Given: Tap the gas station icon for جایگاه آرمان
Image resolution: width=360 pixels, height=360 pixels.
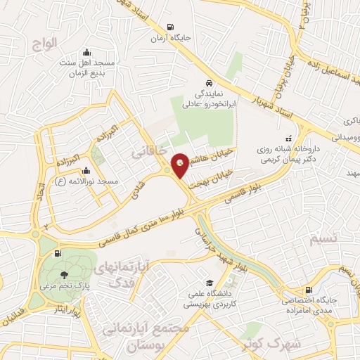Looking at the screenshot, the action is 171,28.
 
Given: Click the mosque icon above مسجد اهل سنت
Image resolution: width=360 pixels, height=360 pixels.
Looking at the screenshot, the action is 86,52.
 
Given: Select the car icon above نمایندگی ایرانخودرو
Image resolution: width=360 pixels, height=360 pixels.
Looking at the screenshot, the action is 208,82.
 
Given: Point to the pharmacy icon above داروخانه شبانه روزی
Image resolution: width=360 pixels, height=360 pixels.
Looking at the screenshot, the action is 287,140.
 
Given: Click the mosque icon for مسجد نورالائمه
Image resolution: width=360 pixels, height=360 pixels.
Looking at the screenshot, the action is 86,169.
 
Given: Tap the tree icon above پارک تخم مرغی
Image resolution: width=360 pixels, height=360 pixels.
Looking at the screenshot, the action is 65,274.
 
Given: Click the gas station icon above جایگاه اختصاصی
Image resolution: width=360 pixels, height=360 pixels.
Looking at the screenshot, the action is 309,290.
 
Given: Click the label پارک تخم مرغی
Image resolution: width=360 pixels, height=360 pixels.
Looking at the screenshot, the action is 65,287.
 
